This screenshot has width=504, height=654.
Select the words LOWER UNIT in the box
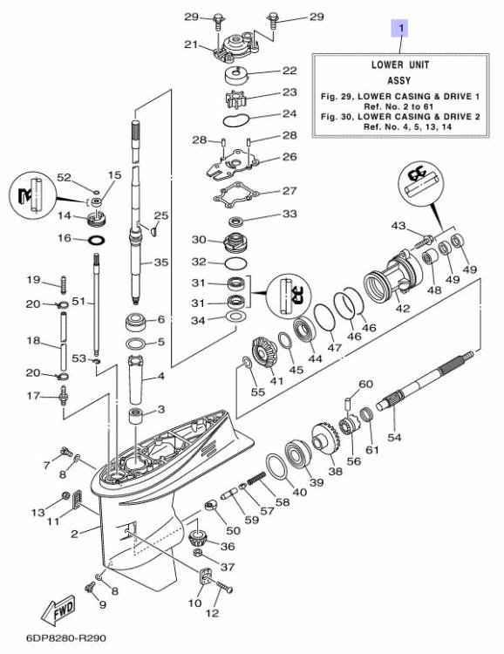pos(399,65)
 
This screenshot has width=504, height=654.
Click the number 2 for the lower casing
pos(75,533)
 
